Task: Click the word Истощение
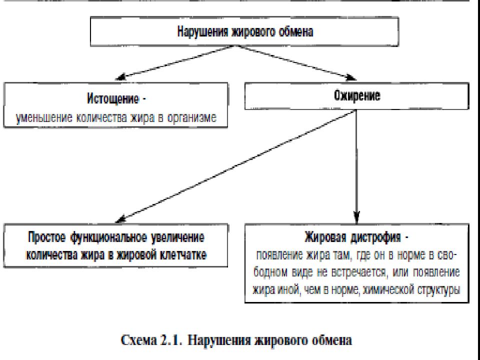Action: click(x=113, y=99)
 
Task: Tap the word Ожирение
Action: click(x=357, y=96)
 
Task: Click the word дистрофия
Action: click(x=375, y=237)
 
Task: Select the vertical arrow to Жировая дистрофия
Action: click(x=356, y=167)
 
